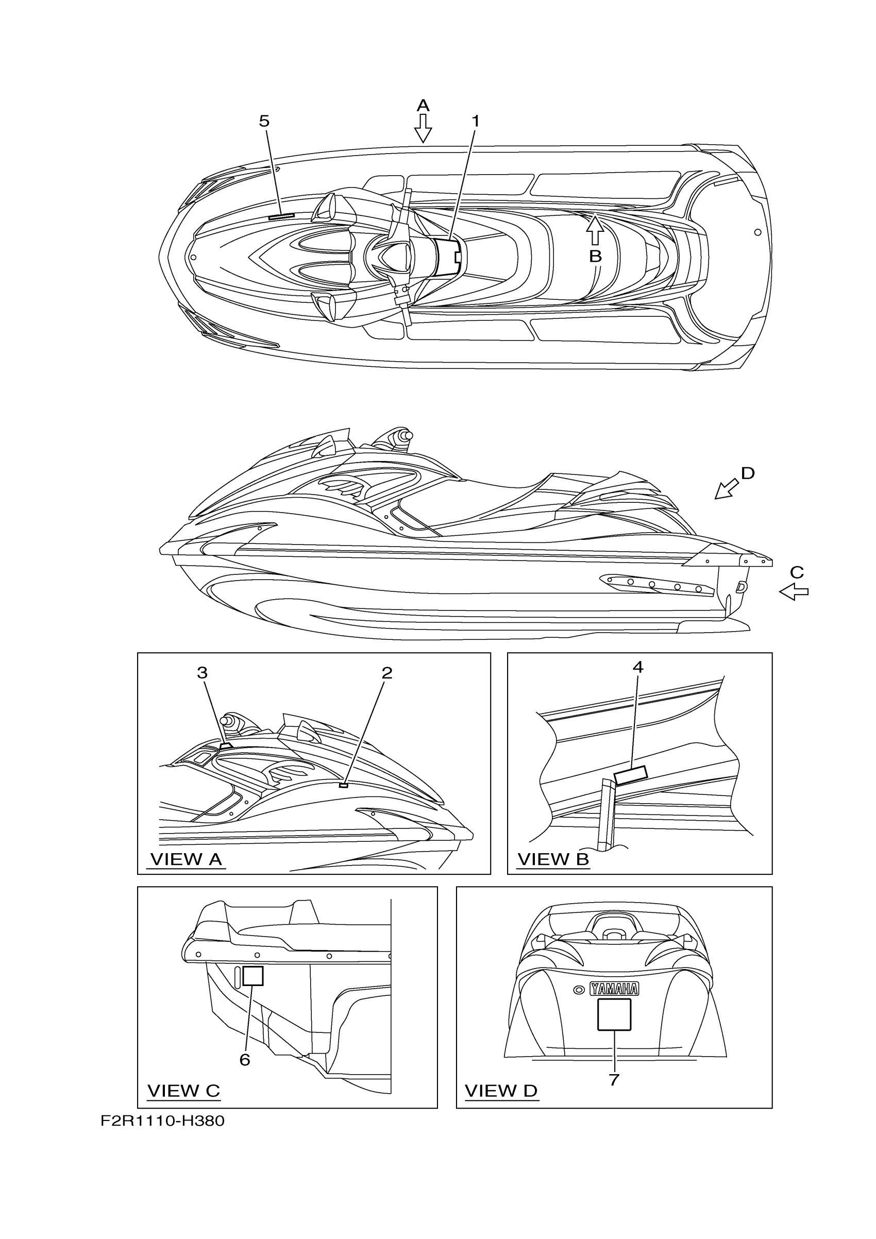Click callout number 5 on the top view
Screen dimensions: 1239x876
(x=264, y=122)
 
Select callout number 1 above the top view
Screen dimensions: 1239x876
(x=476, y=122)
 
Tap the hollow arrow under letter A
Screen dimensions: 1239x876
(x=423, y=128)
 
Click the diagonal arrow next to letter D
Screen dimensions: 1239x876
(x=727, y=488)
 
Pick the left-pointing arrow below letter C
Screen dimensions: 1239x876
(x=794, y=592)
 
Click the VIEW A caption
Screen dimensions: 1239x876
(x=186, y=859)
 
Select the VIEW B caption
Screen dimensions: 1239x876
(x=553, y=859)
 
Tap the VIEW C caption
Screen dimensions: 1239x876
(x=183, y=1091)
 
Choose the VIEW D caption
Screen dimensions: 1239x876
(x=501, y=1091)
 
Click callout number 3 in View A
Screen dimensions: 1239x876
(x=202, y=672)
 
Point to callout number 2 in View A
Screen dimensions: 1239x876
(x=387, y=672)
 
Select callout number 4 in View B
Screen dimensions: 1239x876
(x=638, y=668)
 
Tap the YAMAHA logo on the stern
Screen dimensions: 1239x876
(x=614, y=989)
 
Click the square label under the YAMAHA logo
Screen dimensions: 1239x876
(x=614, y=1014)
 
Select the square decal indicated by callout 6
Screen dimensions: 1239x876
(x=252, y=976)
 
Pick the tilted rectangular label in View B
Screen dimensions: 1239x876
(x=631, y=775)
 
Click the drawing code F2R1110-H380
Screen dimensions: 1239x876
(x=162, y=1122)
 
